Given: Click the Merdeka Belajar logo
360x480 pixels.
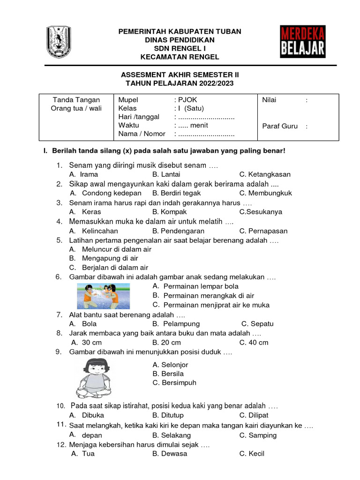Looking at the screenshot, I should (x=303, y=42).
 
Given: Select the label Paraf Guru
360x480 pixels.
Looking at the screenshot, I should (x=280, y=126).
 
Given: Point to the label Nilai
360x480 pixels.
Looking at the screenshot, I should (x=269, y=100).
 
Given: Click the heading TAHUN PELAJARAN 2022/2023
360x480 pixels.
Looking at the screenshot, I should (x=180, y=83).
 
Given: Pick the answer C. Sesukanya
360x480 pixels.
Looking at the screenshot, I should (x=261, y=212).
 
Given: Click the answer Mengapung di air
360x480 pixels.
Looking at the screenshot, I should (x=110, y=258).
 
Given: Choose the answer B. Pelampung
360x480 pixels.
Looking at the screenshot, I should (x=176, y=324).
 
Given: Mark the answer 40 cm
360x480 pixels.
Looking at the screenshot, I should (x=258, y=343).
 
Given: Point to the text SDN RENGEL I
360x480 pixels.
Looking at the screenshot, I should (x=180, y=48).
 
